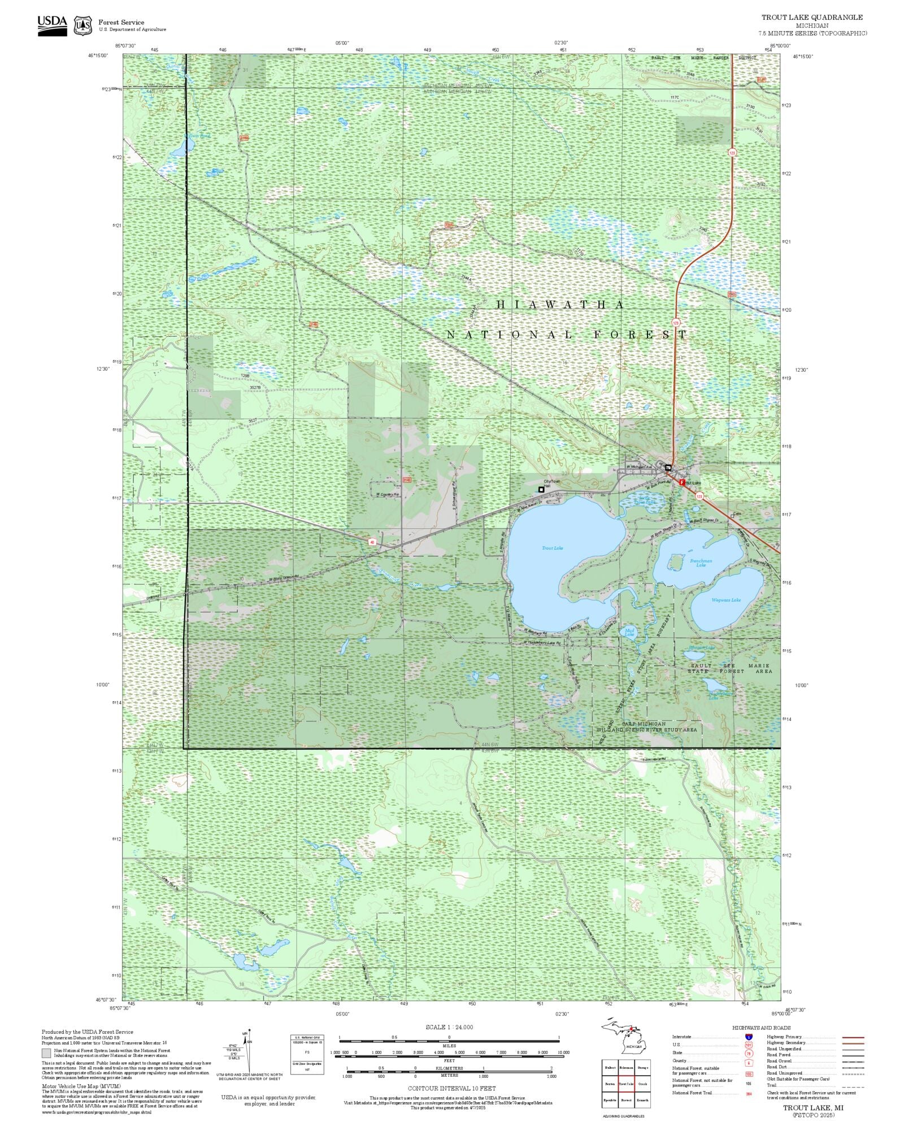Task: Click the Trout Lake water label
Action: (552, 548)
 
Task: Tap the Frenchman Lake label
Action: (701, 563)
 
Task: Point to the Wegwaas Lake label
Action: (726, 600)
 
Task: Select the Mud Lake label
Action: (629, 632)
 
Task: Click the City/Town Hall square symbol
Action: (541, 489)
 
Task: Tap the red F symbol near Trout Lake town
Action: (682, 482)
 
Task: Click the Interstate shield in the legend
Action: (749, 1037)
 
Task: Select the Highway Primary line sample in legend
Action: (853, 1037)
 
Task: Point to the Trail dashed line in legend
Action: (853, 1085)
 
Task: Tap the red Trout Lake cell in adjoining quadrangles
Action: (626, 1084)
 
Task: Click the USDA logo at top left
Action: (52, 26)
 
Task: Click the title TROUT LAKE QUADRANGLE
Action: (812, 18)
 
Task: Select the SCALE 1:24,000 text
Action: (449, 1027)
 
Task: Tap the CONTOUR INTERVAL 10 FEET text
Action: (451, 1088)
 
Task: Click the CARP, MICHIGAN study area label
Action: (644, 724)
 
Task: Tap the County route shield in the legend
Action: (749, 1060)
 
